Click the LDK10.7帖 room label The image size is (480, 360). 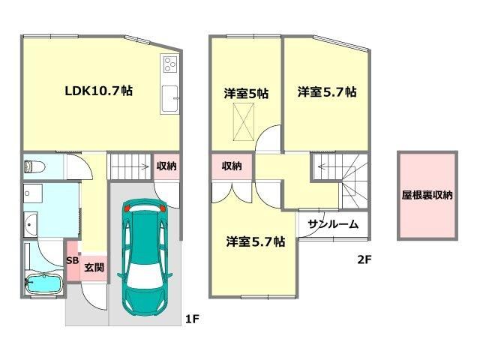(98, 91)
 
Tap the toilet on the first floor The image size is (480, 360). (34, 166)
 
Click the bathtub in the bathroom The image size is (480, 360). (43, 284)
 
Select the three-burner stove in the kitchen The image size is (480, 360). (170, 64)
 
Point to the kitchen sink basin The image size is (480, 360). (169, 98)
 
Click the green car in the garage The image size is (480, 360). (145, 258)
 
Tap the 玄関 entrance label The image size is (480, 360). (94, 268)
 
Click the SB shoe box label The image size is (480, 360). (73, 260)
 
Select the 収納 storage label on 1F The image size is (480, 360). (166, 166)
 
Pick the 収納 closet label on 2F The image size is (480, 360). (232, 166)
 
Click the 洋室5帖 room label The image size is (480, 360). (247, 93)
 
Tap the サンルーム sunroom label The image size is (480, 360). (333, 224)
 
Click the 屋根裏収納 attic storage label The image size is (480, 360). (427, 195)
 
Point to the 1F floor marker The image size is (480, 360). (193, 319)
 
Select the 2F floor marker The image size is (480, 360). (364, 260)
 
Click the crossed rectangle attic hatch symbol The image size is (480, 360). (243, 121)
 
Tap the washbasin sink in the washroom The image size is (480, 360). (31, 224)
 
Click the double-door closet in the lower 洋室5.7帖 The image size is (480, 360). (232, 192)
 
